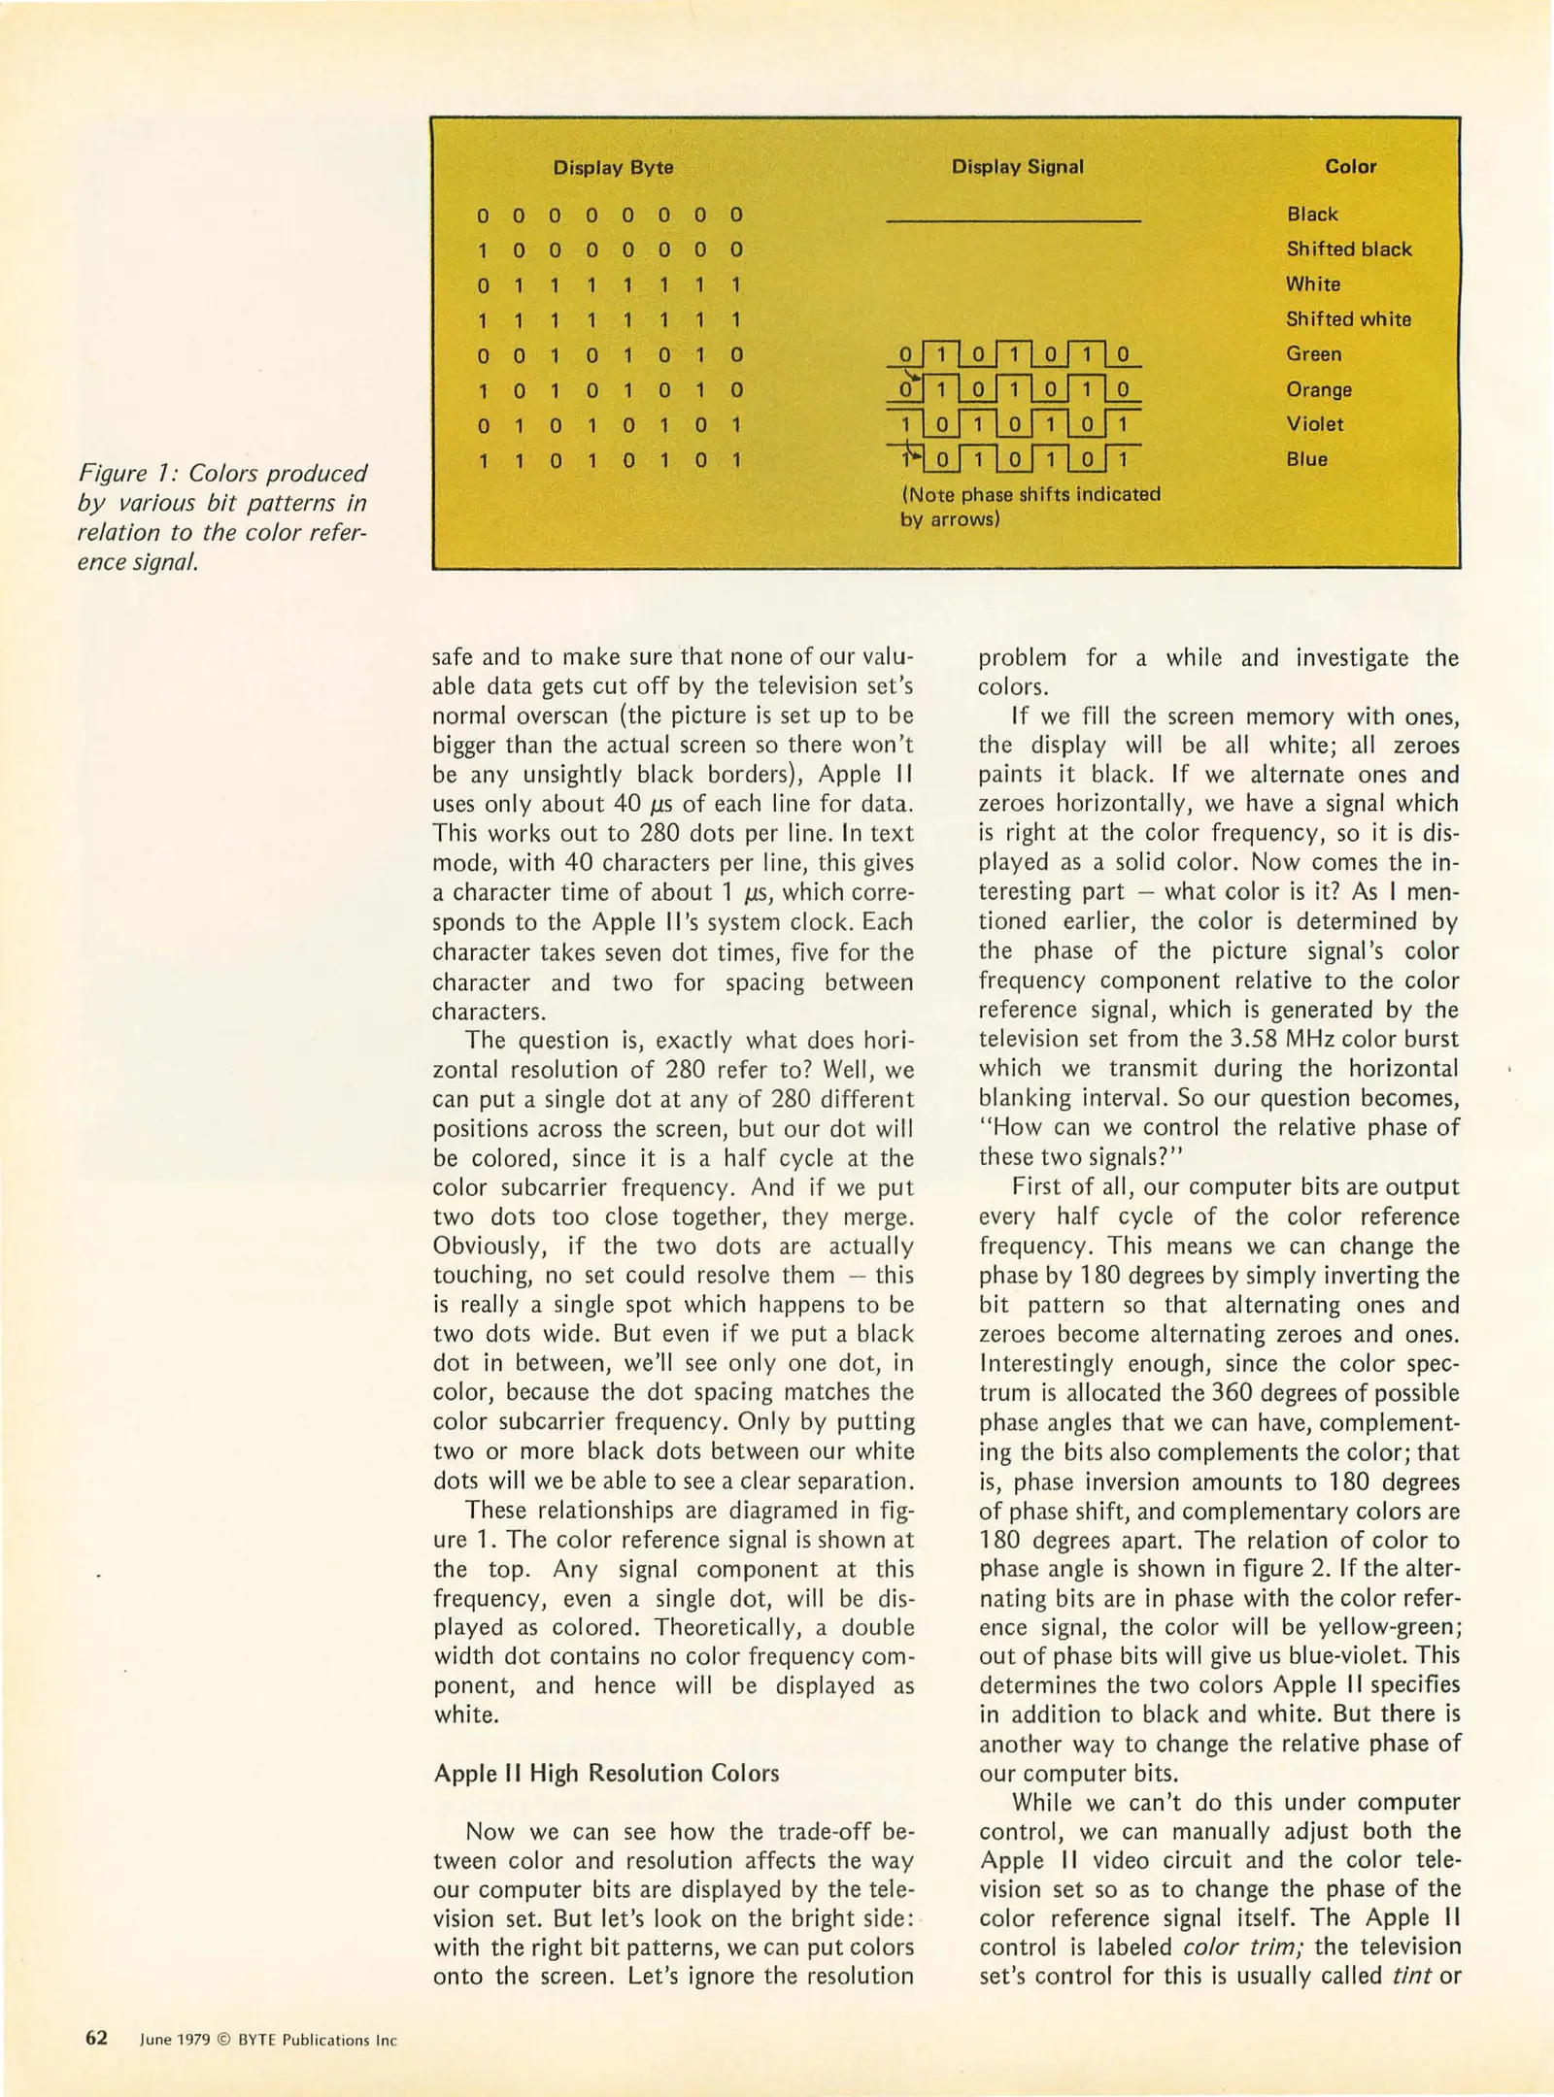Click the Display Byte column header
pos(613,167)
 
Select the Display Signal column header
pos(1017,167)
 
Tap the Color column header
pos(1350,167)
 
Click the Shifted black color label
pos(1348,250)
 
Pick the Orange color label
pos(1318,389)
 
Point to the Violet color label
pos(1314,424)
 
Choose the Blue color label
pos(1306,459)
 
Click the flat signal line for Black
pos(1013,221)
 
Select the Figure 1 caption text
pos(222,517)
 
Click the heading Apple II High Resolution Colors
pos(606,1773)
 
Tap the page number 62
pos(96,2039)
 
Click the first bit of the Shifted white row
pos(483,320)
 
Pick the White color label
pos(1312,284)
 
